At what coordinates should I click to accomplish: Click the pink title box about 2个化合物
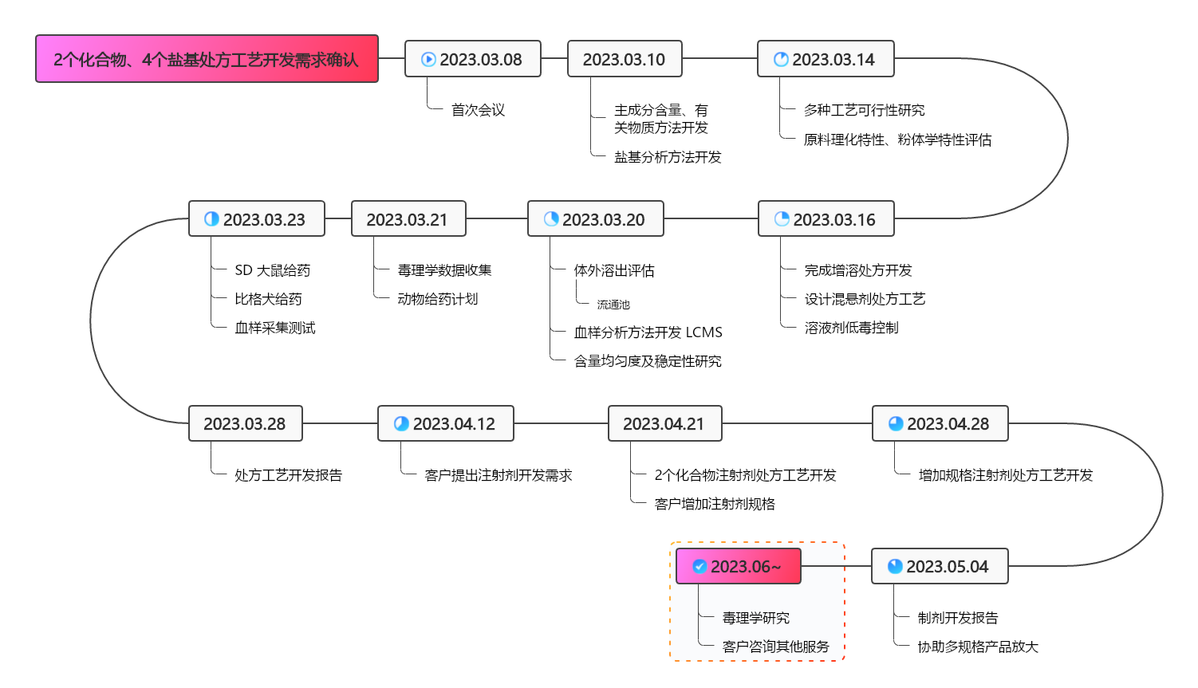[207, 59]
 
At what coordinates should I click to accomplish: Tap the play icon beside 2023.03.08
[428, 59]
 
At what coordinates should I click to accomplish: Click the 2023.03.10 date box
[624, 59]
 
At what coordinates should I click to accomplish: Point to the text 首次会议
[478, 110]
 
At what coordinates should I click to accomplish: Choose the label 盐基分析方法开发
[668, 157]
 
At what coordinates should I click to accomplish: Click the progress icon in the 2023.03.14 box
[781, 59]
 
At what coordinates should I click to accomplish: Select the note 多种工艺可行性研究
[864, 110]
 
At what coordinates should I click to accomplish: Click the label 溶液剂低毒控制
[851, 328]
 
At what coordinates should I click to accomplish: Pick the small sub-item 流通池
[613, 305]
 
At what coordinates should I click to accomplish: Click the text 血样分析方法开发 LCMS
[648, 332]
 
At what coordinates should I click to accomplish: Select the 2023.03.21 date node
[408, 219]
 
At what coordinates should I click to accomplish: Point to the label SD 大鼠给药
[272, 270]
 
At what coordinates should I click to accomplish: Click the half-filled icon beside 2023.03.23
[211, 219]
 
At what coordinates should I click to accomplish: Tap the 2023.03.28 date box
[245, 423]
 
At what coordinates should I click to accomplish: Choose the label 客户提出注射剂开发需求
[498, 475]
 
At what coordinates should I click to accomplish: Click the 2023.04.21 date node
[664, 423]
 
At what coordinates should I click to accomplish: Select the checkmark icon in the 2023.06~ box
[699, 566]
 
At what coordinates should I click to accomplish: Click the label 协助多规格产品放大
[978, 647]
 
